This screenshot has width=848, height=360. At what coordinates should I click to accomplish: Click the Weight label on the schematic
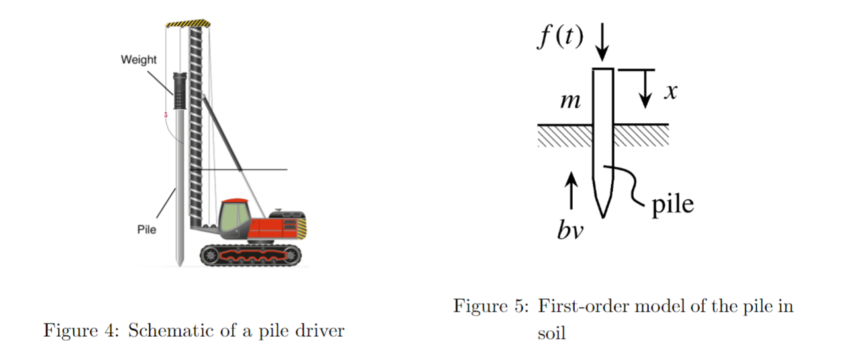139,60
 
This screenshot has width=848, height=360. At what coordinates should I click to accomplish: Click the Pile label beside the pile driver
146,230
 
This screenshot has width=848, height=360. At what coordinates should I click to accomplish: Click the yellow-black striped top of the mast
189,24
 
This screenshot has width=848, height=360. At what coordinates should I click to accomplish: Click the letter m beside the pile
570,102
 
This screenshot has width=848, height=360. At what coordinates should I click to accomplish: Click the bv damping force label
570,231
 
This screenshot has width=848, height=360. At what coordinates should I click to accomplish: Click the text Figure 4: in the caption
81,331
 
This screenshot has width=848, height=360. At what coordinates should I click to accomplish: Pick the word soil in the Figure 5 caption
552,333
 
